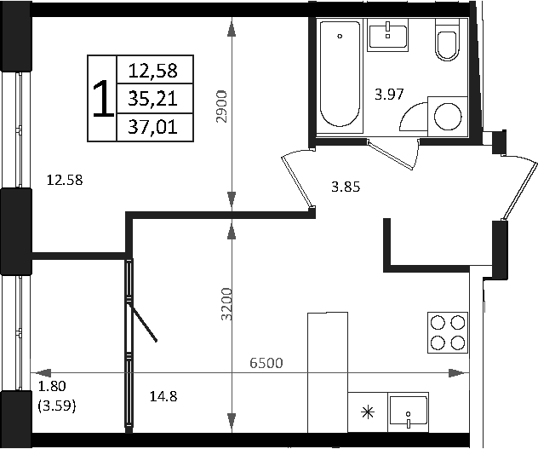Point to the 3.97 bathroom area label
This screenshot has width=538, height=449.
click(x=389, y=95)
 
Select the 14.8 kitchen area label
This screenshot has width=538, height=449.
click(x=163, y=395)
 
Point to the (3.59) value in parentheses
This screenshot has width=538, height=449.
click(x=58, y=407)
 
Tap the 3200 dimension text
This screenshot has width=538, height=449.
click(x=226, y=304)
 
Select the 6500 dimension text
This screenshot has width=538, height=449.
click(x=266, y=363)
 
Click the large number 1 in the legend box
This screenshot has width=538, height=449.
click(x=101, y=99)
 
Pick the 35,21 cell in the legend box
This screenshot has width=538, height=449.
click(x=152, y=99)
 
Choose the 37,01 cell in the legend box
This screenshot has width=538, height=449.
click(x=152, y=127)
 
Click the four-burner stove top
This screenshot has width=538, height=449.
click(x=448, y=332)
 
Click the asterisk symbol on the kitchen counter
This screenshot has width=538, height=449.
click(x=368, y=413)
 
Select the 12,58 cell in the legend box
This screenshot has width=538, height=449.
click(x=152, y=71)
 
